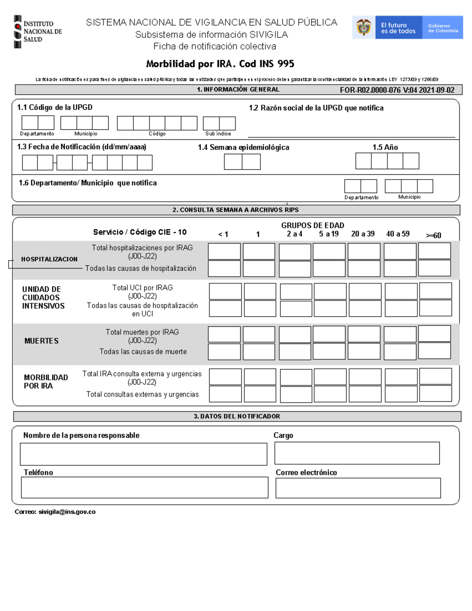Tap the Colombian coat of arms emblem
point(364,28)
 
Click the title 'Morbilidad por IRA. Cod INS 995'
point(220,64)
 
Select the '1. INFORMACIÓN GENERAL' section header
point(238,90)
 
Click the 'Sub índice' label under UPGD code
point(218,134)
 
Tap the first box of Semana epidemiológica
point(233,162)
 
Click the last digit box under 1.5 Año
point(411,161)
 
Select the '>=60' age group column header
point(433,235)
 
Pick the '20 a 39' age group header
point(363,234)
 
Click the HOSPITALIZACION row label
point(49,259)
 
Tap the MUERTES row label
point(41,341)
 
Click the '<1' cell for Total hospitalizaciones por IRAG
point(224,251)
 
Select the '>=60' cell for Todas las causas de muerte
point(434,351)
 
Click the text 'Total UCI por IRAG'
point(142,288)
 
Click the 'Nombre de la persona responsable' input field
point(144,454)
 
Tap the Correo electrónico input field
point(358,488)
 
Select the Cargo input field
point(357,453)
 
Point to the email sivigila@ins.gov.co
point(55,512)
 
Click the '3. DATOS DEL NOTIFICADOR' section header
point(237,416)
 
